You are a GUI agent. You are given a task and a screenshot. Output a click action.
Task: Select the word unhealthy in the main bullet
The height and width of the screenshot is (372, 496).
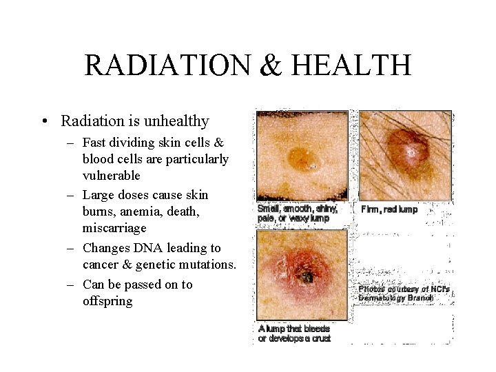tap(176, 121)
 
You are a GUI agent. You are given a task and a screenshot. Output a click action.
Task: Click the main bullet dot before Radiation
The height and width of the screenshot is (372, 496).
tap(45, 122)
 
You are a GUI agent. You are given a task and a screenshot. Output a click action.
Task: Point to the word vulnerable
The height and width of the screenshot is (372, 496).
tap(112, 176)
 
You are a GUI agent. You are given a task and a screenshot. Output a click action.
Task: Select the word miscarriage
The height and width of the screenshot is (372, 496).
tap(115, 228)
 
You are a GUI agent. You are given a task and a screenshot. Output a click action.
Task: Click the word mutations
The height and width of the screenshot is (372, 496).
tap(208, 265)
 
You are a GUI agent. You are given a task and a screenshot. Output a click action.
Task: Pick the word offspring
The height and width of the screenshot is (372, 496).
tap(107, 301)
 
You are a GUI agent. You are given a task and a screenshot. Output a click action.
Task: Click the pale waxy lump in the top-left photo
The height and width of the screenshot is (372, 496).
tap(300, 158)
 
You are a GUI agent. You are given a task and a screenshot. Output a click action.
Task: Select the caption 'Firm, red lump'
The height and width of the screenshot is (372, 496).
tap(389, 209)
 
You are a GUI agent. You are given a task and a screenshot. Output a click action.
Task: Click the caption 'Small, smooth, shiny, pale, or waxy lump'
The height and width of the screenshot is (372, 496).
tap(297, 213)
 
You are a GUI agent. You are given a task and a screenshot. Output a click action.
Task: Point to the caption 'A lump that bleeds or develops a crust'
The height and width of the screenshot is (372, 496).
tap(295, 333)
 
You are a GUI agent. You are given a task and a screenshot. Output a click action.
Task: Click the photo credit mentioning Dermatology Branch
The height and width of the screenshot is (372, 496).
tap(404, 293)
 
